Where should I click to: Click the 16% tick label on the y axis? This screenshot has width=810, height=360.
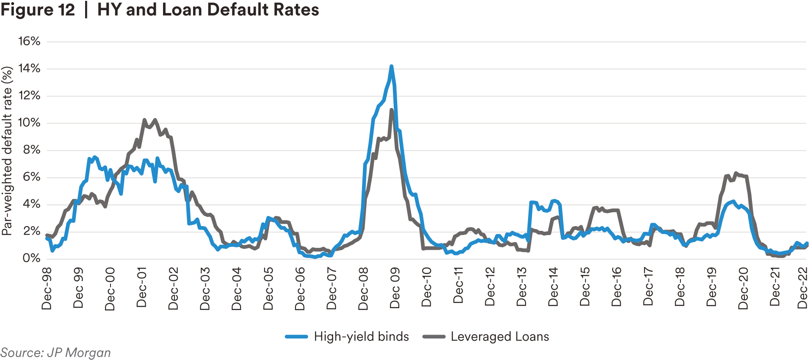click(29, 42)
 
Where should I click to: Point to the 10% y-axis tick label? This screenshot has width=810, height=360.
click(29, 123)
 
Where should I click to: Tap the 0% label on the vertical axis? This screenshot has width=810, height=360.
click(31, 258)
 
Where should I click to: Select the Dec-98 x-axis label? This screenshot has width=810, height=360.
click(47, 288)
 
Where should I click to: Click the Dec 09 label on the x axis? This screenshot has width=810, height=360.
click(395, 288)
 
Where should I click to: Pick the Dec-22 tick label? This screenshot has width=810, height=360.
click(802, 288)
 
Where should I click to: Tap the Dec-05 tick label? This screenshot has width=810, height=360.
click(268, 288)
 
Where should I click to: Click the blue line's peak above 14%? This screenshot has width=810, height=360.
click(391, 66)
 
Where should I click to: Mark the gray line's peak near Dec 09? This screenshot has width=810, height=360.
click(392, 110)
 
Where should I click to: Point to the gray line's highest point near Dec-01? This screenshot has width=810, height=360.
click(144, 120)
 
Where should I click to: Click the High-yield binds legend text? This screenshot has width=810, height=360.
click(361, 337)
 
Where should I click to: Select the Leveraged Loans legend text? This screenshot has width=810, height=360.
click(500, 337)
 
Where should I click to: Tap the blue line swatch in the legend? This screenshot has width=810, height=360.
click(296, 337)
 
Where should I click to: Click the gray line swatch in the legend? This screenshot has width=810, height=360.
click(434, 337)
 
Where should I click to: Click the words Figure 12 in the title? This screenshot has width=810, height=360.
click(38, 10)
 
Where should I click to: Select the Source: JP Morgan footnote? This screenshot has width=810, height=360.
click(55, 353)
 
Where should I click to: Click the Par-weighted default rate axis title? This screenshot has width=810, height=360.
click(7, 150)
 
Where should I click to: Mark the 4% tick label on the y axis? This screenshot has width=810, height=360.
click(31, 204)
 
